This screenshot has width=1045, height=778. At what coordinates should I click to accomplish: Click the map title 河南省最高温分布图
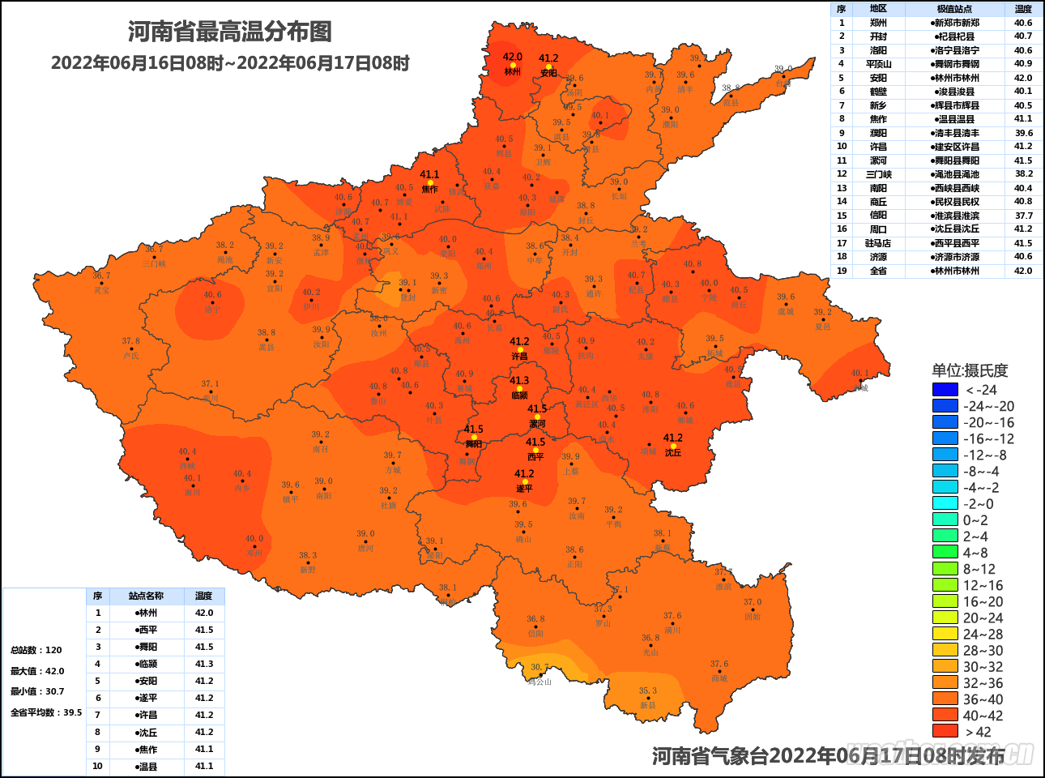[229, 32]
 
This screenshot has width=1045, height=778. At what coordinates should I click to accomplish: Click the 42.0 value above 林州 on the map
[512, 57]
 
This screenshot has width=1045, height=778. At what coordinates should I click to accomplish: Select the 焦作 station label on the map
[429, 189]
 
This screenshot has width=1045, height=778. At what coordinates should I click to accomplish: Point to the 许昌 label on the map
[519, 357]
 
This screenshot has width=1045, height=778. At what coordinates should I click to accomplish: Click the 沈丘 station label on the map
[673, 453]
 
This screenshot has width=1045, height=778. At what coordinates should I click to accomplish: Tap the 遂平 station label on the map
[524, 489]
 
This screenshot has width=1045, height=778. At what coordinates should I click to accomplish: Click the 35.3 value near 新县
[648, 691]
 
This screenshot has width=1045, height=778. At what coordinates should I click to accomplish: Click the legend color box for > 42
[945, 731]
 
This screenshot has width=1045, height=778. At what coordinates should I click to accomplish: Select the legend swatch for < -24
[945, 390]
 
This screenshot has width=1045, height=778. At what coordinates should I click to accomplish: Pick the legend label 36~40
[983, 699]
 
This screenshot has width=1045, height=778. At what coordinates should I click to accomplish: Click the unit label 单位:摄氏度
[970, 370]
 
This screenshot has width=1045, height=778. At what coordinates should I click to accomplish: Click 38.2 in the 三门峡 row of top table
[1023, 174]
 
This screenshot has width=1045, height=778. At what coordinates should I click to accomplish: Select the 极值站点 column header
[954, 9]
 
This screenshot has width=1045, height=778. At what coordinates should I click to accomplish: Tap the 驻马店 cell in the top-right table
[878, 243]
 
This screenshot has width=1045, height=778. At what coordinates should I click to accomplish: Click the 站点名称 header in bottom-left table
[146, 596]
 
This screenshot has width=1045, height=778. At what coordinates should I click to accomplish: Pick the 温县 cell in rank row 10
[147, 766]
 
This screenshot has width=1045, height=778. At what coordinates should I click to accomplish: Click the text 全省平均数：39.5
[46, 712]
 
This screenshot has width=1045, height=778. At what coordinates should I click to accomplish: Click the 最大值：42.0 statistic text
[37, 671]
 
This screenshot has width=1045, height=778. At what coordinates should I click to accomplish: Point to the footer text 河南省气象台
[710, 756]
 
